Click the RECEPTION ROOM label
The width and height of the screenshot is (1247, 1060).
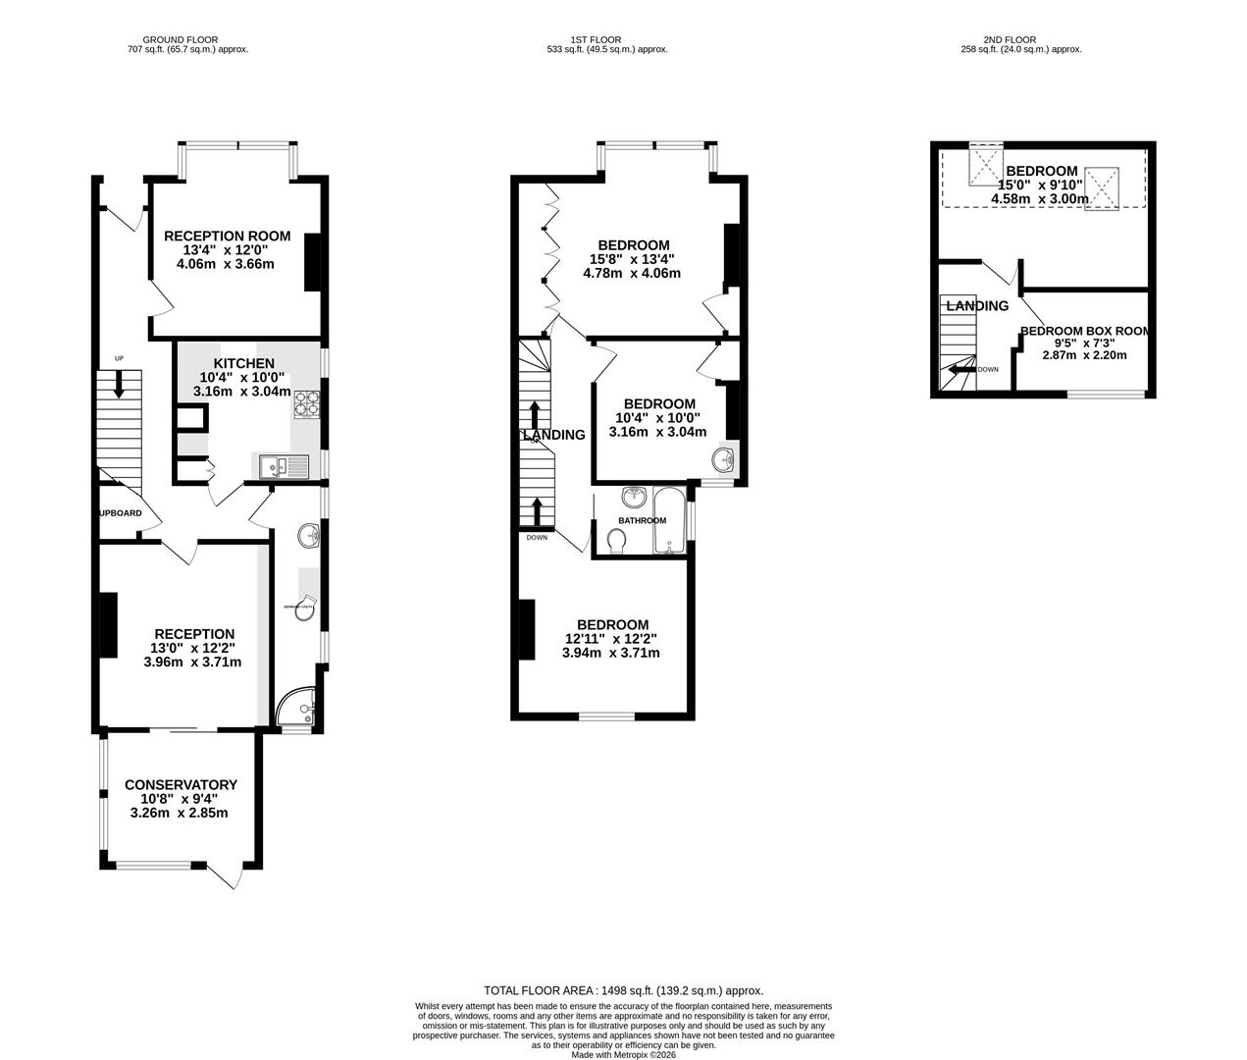[227, 236]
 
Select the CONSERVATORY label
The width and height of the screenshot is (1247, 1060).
[181, 785]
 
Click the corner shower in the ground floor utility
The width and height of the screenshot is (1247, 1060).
[296, 710]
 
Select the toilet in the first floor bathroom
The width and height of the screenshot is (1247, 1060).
[616, 540]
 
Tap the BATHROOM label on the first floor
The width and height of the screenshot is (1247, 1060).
[642, 520]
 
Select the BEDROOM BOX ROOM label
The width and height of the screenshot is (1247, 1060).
[1083, 332]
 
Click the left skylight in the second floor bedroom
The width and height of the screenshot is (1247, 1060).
[984, 164]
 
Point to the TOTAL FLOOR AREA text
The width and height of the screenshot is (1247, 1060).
[623, 991]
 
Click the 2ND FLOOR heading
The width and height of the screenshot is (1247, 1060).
[1020, 40]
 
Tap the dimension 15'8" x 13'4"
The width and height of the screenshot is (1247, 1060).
[634, 260]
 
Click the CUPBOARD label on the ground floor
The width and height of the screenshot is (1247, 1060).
[120, 513]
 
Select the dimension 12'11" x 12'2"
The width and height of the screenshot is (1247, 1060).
[610, 639]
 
